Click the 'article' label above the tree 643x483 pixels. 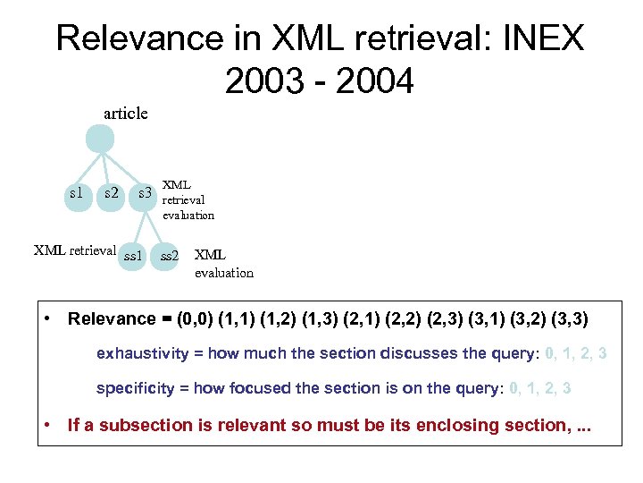(x=126, y=114)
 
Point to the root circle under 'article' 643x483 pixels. (x=99, y=140)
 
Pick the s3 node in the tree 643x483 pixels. (x=143, y=195)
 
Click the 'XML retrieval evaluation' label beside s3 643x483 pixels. (x=188, y=200)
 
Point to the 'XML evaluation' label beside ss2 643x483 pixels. (x=223, y=264)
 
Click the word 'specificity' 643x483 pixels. (x=135, y=388)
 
